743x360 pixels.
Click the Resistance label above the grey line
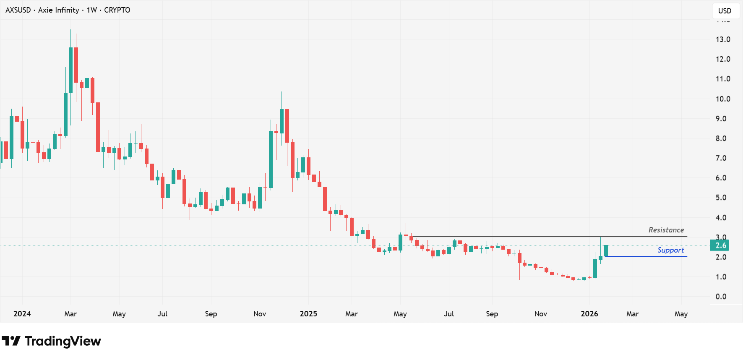666,230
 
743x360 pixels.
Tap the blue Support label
670,250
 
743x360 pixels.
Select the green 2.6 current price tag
720,245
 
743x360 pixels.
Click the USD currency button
725,11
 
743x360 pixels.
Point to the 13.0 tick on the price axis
722,39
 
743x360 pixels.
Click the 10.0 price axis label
722,99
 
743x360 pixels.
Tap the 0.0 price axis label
721,297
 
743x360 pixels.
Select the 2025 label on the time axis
308,314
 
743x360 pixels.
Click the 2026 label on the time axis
589,314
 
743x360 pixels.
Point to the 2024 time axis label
22,314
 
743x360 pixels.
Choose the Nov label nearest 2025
260,314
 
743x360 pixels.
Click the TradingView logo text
63,341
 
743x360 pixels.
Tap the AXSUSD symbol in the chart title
18,10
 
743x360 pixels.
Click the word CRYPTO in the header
117,10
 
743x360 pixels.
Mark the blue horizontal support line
646,256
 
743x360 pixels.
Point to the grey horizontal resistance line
545,237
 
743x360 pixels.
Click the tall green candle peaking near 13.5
70,69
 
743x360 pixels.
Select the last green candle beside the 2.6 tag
606,250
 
